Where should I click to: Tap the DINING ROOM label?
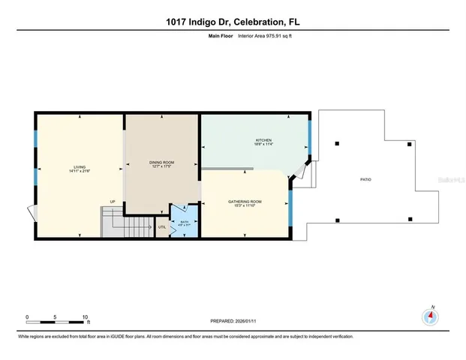point(161,162)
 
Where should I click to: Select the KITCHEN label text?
point(263,140)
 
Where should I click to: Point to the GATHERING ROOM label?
point(245,201)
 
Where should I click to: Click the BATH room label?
point(184,221)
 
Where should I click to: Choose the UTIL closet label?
point(162,226)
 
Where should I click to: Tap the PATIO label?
point(365,180)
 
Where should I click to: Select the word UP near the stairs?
point(113,202)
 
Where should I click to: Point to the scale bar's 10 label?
point(86,316)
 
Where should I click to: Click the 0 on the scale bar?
point(27,316)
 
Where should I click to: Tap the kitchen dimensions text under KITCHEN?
point(263,145)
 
